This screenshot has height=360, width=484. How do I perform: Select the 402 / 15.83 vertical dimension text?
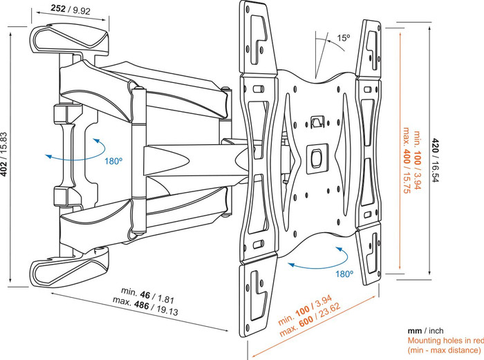(6, 144)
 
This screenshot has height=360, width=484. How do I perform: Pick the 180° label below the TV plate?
(345, 274)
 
